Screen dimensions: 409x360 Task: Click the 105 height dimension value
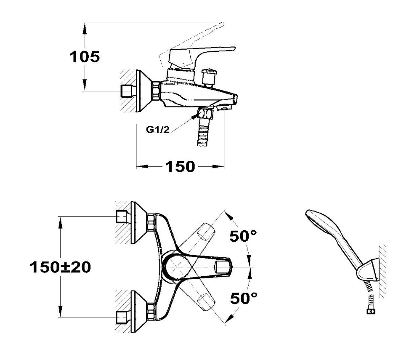(x=85, y=57)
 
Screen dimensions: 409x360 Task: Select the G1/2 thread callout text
(x=158, y=129)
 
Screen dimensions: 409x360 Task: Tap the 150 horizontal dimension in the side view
(x=180, y=167)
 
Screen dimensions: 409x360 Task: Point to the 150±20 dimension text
(x=61, y=267)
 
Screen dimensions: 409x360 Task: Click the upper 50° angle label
(x=243, y=236)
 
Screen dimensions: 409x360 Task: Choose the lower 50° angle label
(x=244, y=298)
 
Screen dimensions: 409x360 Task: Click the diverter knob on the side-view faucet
(x=208, y=77)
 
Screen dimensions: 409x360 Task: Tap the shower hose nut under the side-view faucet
(x=205, y=113)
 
